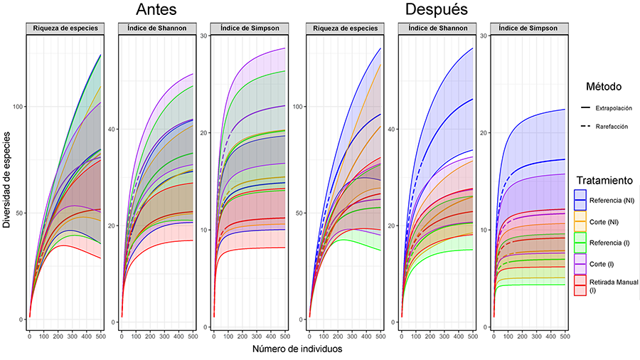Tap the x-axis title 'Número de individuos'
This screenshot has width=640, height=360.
tap(297, 349)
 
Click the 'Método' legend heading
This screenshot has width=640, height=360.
tap(604, 87)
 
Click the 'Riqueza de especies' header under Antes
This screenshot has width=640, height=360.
tap(64, 28)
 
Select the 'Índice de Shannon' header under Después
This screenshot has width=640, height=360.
tap(437, 28)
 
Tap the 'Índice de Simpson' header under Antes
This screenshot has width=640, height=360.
tap(247, 28)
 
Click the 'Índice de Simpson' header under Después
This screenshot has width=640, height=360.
tap(528, 28)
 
